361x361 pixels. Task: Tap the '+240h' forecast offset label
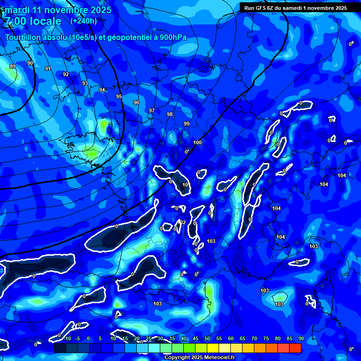[84, 21]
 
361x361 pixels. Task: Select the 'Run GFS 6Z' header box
[295, 8]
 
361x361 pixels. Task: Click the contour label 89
[13, 66]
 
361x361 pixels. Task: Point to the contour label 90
[30, 63]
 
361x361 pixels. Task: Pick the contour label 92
[66, 74]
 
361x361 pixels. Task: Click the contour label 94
[102, 90]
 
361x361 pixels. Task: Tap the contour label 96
[136, 102]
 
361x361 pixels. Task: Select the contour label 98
[170, 114]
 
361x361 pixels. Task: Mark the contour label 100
[197, 142]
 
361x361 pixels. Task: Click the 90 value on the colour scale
[301, 338]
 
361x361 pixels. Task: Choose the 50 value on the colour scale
[207, 338]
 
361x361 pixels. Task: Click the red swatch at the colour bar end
[295, 348]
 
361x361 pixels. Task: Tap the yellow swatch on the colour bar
[212, 348]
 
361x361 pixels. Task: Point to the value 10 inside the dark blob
[186, 185]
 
